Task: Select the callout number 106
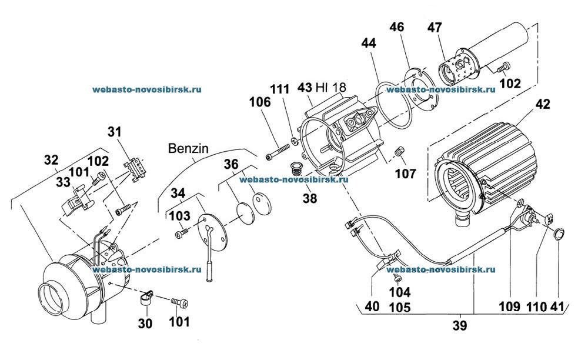[x=259, y=102]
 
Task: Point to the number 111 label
[x=279, y=89]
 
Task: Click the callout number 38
[x=309, y=199]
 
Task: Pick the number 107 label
[x=406, y=174]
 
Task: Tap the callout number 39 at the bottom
[x=460, y=325]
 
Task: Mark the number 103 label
[x=181, y=216]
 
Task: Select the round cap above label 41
[x=557, y=235]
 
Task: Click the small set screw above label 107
[x=399, y=153]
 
